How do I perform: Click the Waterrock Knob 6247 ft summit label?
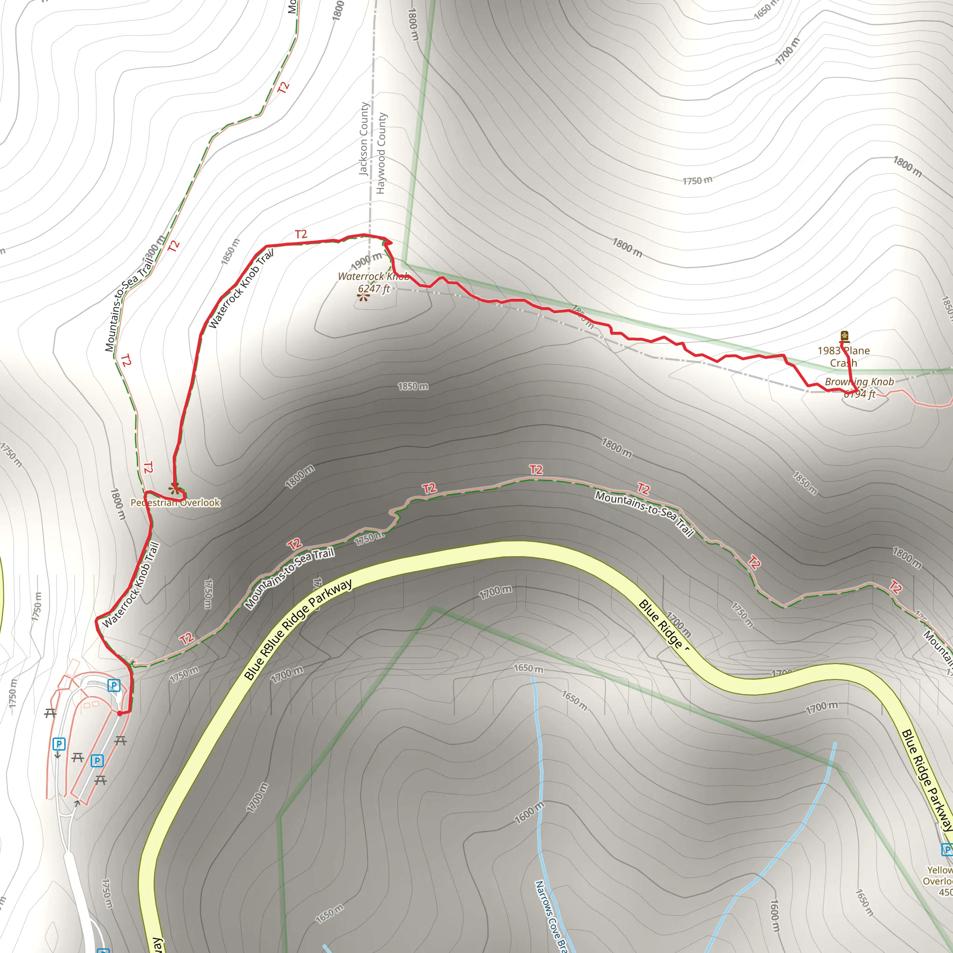(373, 282)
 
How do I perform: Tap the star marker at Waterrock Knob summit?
(363, 297)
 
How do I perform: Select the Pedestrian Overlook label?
(175, 503)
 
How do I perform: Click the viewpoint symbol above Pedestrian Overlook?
(174, 490)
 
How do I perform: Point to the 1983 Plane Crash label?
(844, 356)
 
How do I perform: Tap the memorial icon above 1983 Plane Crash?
(845, 336)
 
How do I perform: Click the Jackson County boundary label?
(363, 139)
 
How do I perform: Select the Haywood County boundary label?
(381, 154)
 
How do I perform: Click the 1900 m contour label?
(366, 259)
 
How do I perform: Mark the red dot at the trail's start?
(120, 713)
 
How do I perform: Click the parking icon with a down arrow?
(59, 744)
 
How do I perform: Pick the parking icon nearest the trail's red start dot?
(114, 685)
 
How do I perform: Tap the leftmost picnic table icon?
(50, 713)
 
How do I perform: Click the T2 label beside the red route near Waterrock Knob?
(301, 235)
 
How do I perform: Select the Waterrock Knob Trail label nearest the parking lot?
(131, 585)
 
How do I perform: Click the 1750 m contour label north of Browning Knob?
(697, 181)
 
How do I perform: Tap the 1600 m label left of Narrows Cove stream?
(529, 813)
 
